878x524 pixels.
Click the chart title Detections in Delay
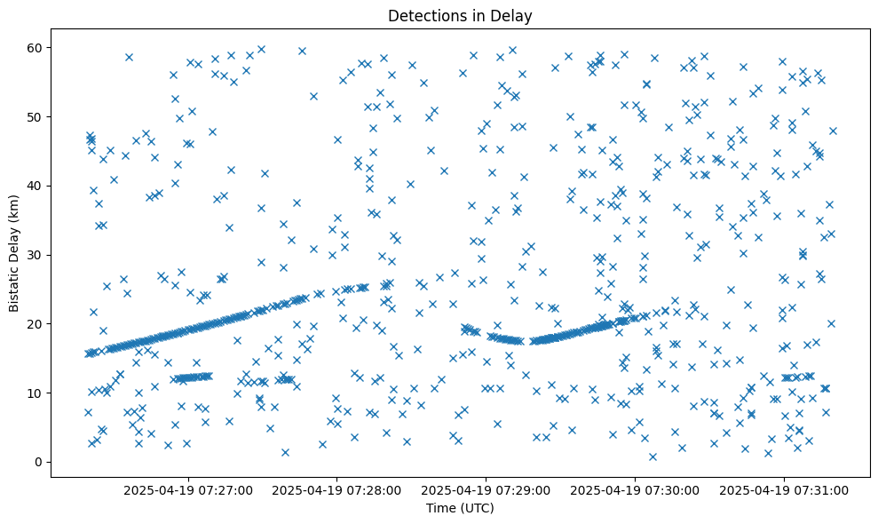pyautogui.click(x=460, y=15)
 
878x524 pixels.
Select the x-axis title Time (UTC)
pyautogui.click(x=460, y=508)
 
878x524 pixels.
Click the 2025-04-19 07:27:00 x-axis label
pyautogui.click(x=188, y=490)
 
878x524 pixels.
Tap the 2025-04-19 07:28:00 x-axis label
pyautogui.click(x=337, y=490)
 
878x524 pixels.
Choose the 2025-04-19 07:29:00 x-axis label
pyautogui.click(x=486, y=490)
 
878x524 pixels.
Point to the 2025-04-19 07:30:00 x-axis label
pyautogui.click(x=636, y=490)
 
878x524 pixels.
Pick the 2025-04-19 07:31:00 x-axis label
pyautogui.click(x=785, y=490)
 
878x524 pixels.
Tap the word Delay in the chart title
pyautogui.click(x=514, y=15)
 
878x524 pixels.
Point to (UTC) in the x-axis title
pyautogui.click(x=477, y=508)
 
